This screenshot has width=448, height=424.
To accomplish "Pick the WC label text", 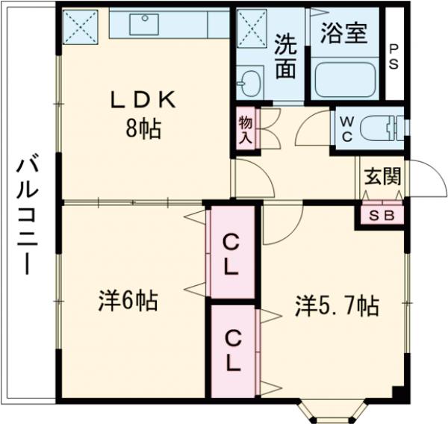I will pyautogui.click(x=346, y=128).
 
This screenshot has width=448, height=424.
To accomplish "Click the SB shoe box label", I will pyautogui.click(x=382, y=214).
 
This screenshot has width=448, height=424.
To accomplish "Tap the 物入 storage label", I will pyautogui.click(x=245, y=130).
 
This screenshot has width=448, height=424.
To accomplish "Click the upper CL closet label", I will pyautogui.click(x=232, y=253).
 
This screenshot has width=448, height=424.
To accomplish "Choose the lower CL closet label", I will pyautogui.click(x=232, y=352).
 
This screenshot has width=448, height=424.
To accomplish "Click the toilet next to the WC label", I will pyautogui.click(x=382, y=128).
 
